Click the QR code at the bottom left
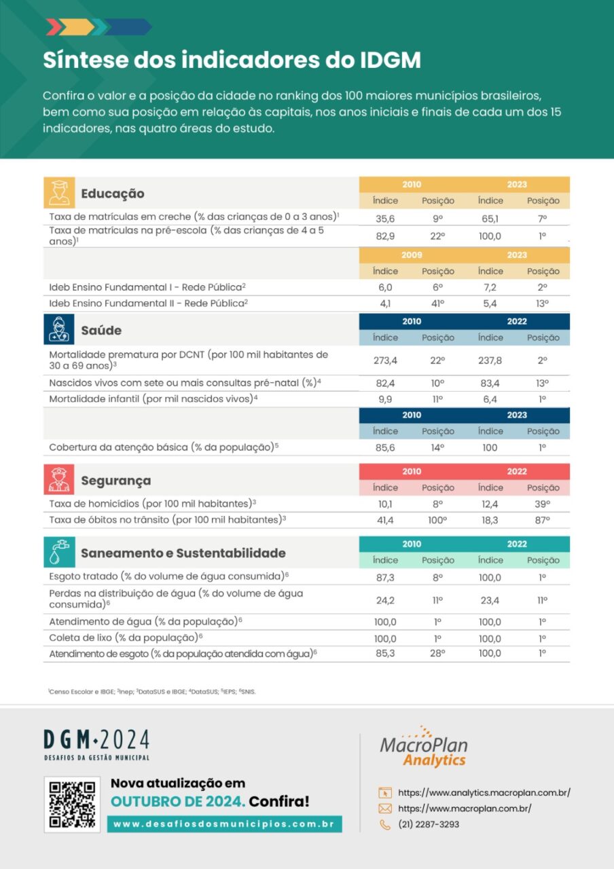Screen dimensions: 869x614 (72, 805)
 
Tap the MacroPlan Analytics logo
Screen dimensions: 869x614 (424, 747)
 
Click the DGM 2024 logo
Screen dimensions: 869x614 (96, 744)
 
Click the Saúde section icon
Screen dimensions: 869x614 (58, 330)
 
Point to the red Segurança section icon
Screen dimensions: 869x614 (58, 480)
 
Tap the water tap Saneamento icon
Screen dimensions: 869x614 (58, 552)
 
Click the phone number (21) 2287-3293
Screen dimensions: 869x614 (429, 824)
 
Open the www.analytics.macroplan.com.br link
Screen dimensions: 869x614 (484, 792)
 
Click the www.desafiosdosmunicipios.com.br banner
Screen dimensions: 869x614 (224, 824)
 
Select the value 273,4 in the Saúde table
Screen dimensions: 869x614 (385, 360)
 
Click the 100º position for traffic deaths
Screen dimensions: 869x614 (437, 519)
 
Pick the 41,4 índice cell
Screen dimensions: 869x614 (385, 519)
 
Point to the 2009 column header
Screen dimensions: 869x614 (412, 255)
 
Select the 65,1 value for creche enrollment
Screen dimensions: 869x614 (490, 218)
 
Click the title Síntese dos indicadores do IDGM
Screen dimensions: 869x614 (232, 60)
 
